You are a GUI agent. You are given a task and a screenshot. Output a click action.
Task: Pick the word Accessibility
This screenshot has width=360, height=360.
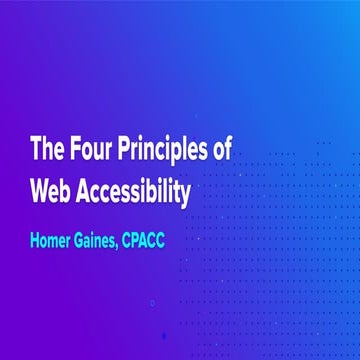coord(138,191)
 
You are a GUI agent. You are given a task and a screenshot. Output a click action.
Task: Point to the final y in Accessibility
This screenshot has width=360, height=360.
coord(185,194)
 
